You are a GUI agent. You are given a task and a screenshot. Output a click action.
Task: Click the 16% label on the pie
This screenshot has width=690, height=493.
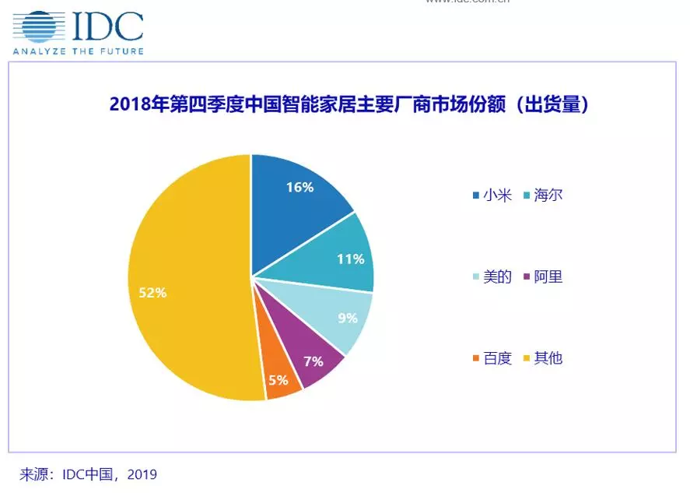coord(299,188)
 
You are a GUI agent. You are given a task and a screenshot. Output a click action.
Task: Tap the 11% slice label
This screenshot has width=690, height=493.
coord(350,259)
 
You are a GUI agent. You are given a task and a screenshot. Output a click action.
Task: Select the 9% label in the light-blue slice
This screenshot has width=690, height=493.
coord(347,318)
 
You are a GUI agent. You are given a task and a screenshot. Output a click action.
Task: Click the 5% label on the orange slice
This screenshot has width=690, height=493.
coord(278,381)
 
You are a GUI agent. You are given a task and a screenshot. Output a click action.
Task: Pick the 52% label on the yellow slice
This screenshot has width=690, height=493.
coord(152,293)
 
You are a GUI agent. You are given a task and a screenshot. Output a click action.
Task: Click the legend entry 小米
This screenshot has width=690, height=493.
coord(497,195)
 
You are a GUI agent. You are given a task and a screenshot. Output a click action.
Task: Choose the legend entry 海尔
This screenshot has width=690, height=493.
coord(548,195)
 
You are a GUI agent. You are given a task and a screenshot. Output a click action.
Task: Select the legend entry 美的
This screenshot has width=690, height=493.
coord(497,276)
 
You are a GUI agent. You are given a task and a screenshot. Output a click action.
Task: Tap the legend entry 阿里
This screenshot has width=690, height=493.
coord(548,276)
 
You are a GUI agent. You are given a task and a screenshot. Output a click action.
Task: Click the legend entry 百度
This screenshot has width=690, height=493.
coord(497,358)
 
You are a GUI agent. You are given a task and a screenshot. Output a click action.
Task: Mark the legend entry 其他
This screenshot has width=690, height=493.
coord(548,358)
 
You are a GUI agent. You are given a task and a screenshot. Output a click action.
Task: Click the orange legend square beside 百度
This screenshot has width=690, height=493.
coord(476,359)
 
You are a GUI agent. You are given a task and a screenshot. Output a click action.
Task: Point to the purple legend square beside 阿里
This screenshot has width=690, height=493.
coord(527,277)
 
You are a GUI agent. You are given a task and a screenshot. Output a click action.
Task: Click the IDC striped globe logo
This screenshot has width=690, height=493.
coord(38,26)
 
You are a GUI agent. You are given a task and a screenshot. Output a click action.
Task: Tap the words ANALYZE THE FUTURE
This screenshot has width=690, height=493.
coord(77,51)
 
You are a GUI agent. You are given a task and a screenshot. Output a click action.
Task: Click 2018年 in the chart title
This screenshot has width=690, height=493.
coord(138,104)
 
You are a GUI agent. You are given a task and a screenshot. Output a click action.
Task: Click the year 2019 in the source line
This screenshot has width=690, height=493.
coord(141,474)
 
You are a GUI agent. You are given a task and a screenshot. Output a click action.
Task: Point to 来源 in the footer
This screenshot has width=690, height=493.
coord(34,474)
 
